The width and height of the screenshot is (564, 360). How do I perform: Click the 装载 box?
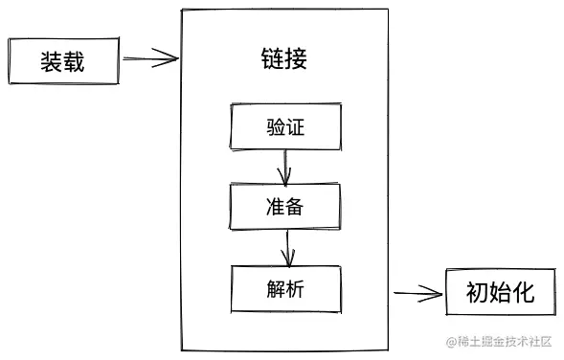click(62, 62)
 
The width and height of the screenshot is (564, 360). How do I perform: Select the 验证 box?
click(285, 126)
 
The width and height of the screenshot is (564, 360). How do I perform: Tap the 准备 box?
click(285, 207)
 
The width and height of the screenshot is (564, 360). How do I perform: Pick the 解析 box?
click(285, 287)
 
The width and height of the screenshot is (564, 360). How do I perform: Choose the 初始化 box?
click(502, 293)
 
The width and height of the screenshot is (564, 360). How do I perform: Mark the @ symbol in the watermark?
click(445, 343)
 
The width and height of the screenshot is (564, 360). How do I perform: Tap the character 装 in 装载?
click(51, 62)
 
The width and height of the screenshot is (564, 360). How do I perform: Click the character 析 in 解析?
click(296, 287)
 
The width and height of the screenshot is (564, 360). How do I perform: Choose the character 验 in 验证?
click(275, 126)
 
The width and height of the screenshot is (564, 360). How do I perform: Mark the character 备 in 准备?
click(296, 207)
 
